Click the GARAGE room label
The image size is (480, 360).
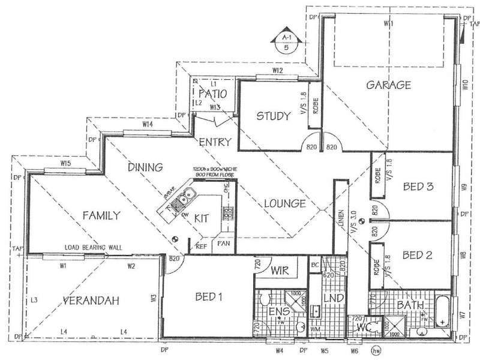pyautogui.click(x=388, y=85)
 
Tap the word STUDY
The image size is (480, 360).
pyautogui.click(x=274, y=116)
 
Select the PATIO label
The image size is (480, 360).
pyautogui.click(x=212, y=94)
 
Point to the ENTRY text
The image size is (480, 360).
pyautogui.click(x=211, y=142)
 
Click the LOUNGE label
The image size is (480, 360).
pyautogui.click(x=286, y=203)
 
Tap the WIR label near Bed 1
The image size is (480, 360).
pyautogui.click(x=280, y=271)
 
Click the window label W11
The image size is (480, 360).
pyautogui.click(x=388, y=23)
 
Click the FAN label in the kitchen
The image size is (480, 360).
pyautogui.click(x=224, y=245)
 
